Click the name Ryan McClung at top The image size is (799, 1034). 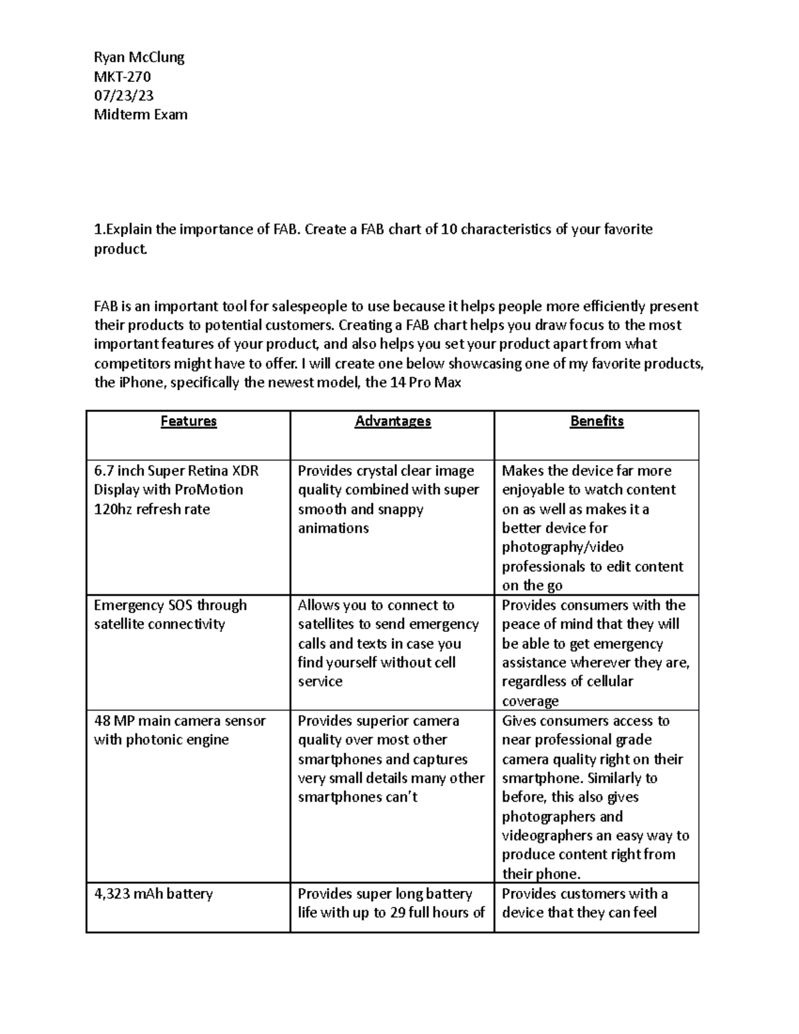(139, 57)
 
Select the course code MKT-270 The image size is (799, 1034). (123, 77)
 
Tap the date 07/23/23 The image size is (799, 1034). (124, 96)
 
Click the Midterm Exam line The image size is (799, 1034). (140, 115)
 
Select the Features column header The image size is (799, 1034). (188, 421)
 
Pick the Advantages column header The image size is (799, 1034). (393, 421)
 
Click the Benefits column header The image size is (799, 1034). (597, 421)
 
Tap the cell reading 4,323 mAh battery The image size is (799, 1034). (153, 894)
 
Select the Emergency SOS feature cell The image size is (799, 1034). (170, 615)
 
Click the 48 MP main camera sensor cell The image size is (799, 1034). (180, 730)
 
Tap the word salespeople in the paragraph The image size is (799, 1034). (305, 307)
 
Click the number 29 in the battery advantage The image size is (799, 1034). (398, 913)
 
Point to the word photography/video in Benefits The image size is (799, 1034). (563, 547)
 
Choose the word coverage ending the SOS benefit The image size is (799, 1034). (530, 701)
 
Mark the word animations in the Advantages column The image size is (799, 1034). (333, 529)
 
